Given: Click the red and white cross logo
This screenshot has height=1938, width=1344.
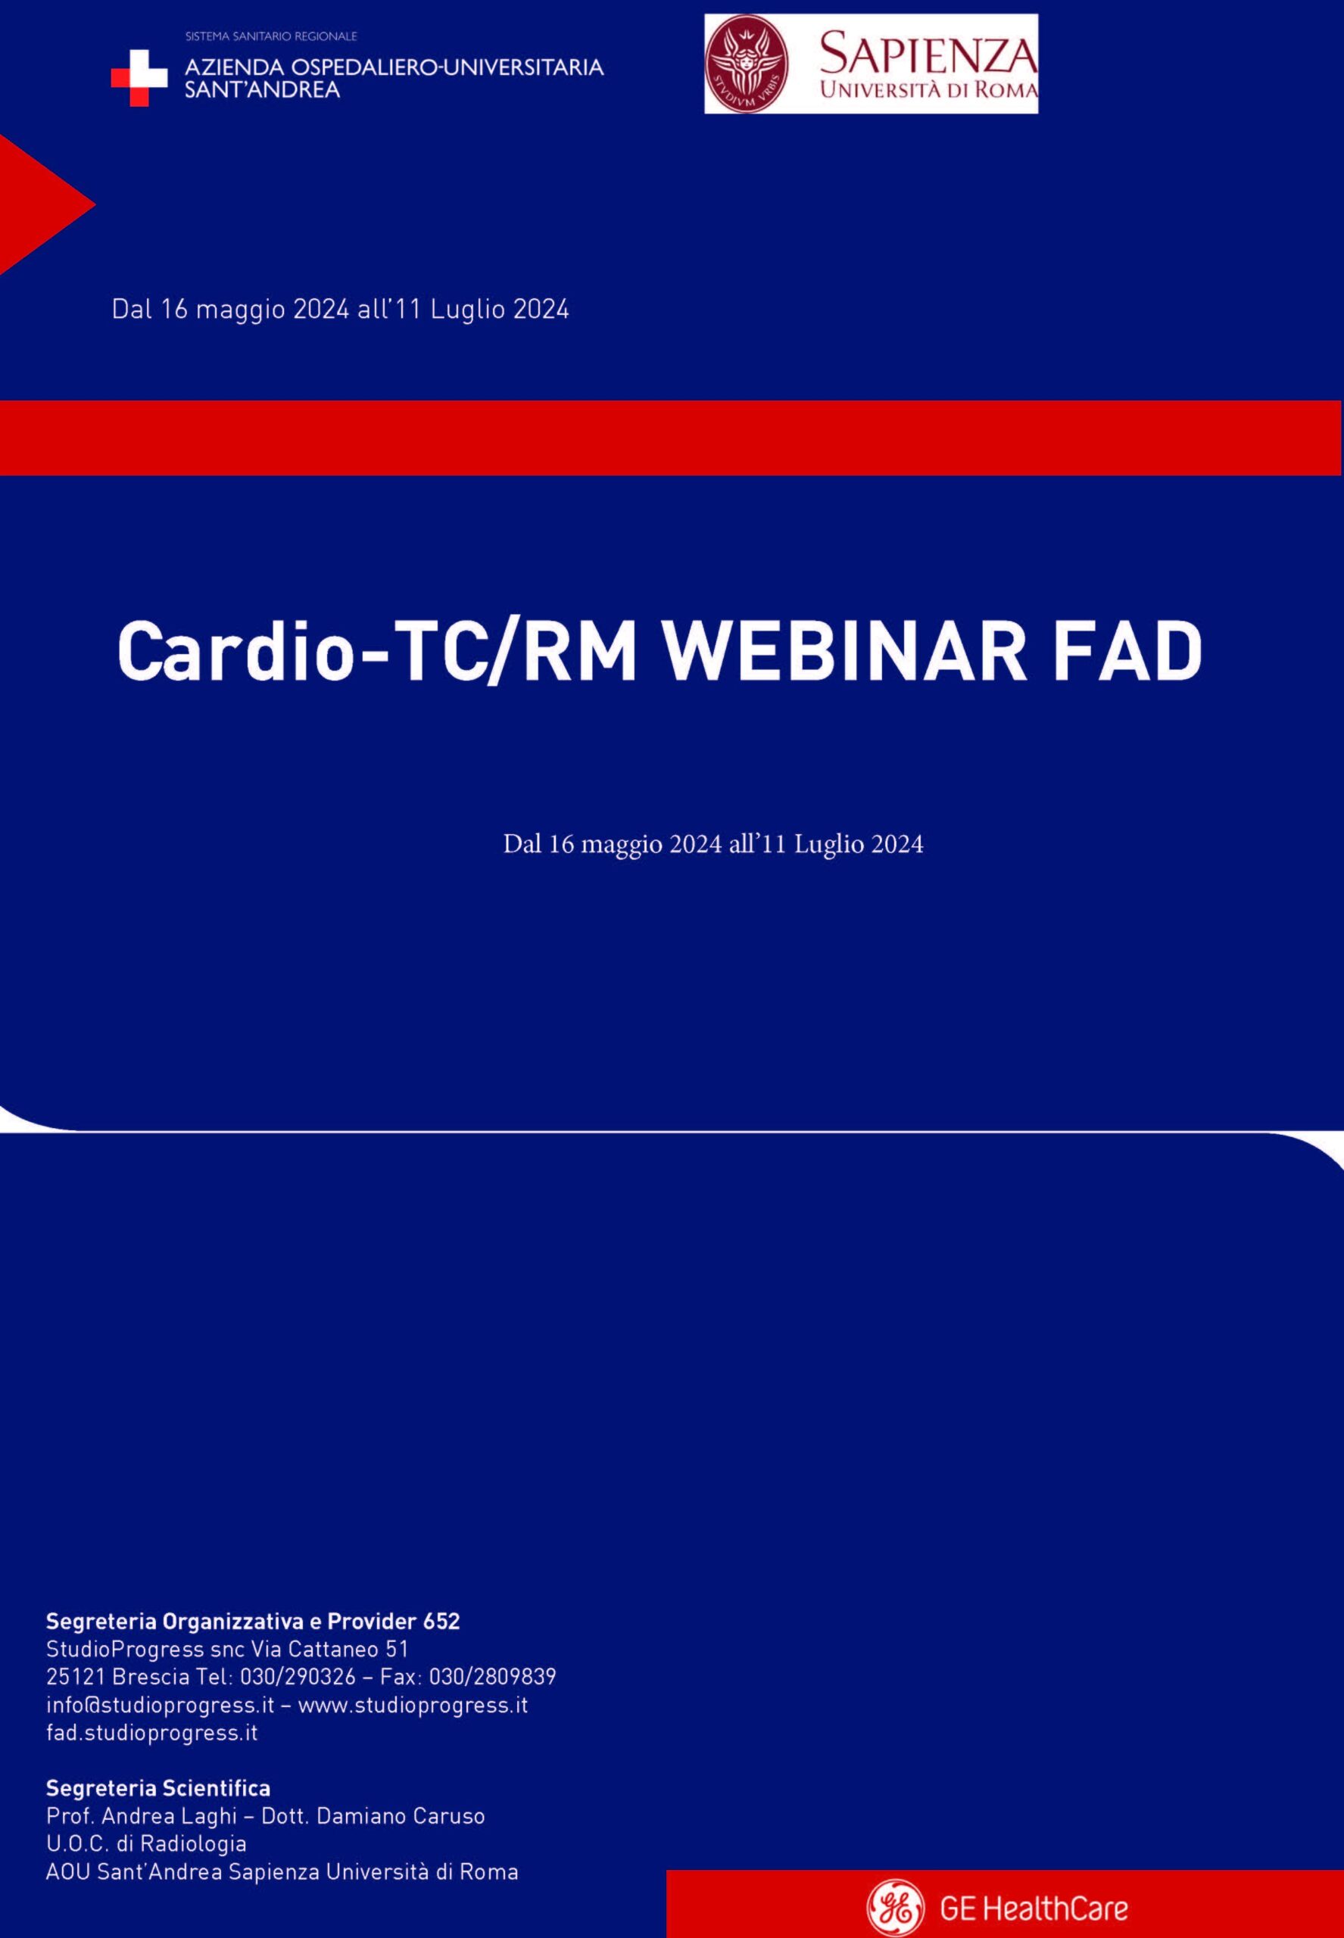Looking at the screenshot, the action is click(x=140, y=77).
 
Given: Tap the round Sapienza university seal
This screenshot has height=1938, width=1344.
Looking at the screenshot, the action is click(x=746, y=65).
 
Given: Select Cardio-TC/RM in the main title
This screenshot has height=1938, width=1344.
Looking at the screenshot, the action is click(x=376, y=652).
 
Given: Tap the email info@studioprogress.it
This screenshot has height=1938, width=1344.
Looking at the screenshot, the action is click(x=160, y=1705).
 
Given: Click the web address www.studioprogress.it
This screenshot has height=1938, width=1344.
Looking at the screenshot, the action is click(x=413, y=1706).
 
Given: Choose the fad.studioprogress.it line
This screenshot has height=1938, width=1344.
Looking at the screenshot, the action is click(x=151, y=1734).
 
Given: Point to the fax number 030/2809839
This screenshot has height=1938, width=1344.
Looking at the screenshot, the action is click(x=493, y=1677).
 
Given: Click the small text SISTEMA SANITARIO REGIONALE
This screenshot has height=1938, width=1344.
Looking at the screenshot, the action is click(x=271, y=36).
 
